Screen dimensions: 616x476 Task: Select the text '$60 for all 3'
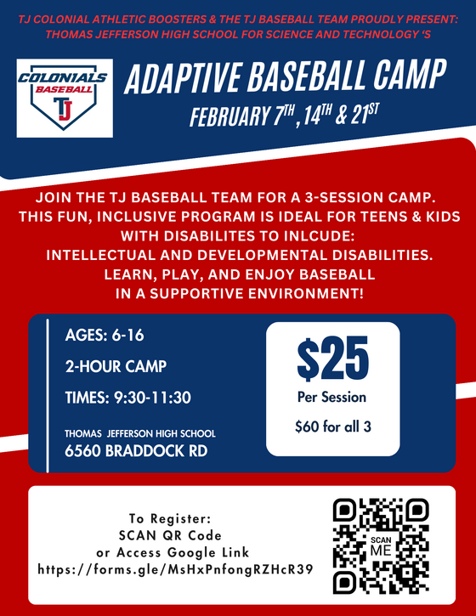[x=332, y=426]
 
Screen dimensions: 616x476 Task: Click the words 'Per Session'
[x=331, y=397]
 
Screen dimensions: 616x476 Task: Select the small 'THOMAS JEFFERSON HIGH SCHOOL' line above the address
[x=140, y=433]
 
